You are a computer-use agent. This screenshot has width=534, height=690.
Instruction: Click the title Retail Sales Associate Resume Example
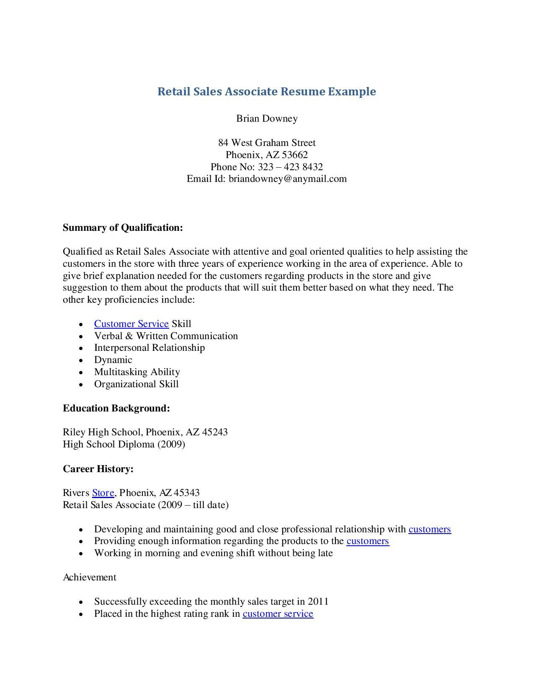(x=266, y=92)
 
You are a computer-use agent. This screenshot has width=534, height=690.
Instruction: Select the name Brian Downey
(x=267, y=118)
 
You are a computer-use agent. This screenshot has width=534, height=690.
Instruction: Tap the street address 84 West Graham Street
(x=267, y=143)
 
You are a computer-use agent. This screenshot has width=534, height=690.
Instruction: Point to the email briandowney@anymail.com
(x=287, y=179)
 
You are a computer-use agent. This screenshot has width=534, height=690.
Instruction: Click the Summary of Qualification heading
(x=123, y=227)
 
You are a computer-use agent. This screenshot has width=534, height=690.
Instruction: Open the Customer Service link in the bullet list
(x=131, y=324)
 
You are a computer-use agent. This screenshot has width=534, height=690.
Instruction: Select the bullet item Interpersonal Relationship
(x=149, y=348)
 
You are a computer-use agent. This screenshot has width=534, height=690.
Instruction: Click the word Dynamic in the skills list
(x=113, y=360)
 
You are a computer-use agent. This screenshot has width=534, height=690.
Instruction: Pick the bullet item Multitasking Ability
(x=137, y=372)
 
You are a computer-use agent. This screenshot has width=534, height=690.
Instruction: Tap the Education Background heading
(x=116, y=408)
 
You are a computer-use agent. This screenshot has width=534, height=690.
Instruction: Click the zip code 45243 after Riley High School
(x=215, y=432)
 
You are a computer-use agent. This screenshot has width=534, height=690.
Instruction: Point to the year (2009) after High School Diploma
(x=171, y=444)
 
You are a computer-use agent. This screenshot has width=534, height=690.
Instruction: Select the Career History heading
(x=98, y=469)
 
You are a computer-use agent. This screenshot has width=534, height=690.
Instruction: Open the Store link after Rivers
(x=103, y=493)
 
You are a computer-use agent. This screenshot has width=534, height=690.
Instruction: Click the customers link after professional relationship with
(x=429, y=529)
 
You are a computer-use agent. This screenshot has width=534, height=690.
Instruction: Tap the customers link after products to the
(x=367, y=541)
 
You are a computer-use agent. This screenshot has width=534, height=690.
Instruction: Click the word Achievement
(x=89, y=578)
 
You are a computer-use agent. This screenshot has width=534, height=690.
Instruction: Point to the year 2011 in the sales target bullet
(x=318, y=602)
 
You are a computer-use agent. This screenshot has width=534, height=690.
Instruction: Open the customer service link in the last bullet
(x=278, y=614)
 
